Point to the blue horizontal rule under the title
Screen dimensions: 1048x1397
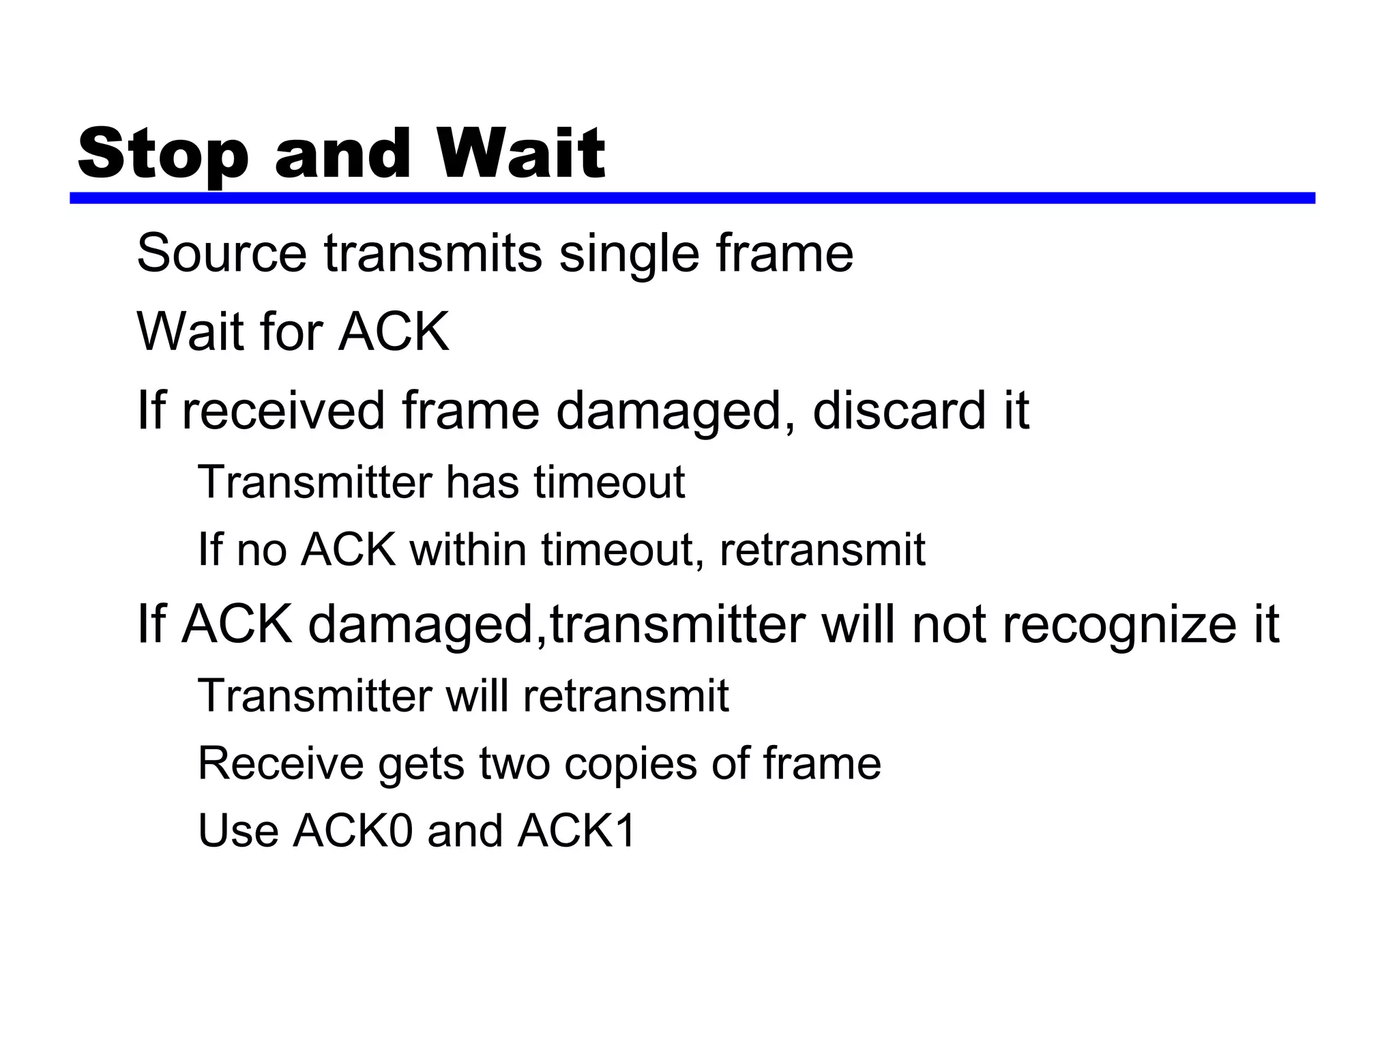coord(692,198)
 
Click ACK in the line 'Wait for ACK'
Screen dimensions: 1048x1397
coord(394,332)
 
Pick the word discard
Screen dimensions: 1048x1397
coord(900,411)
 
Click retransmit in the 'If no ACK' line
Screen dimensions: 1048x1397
coord(822,549)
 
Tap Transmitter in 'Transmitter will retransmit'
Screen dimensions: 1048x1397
coord(314,696)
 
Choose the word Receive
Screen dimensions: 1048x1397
coord(280,763)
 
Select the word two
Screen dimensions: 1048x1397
coord(514,763)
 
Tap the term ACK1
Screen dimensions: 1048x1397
coord(576,831)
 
